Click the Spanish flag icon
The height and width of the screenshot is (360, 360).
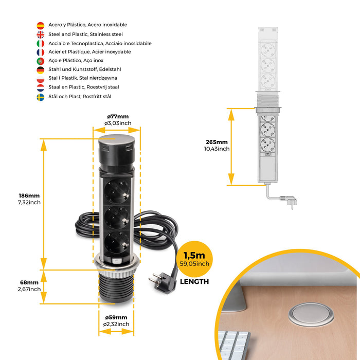pos(40,25)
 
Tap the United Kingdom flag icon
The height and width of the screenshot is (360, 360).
pos(40,34)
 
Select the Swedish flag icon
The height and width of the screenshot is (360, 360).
pos(40,97)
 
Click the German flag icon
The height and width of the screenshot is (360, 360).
pos(40,70)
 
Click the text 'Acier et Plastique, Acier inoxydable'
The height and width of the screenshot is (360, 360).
pos(89,52)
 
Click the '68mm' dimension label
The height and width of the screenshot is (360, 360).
pos(30,282)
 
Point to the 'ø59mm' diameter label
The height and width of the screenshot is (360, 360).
pos(116,317)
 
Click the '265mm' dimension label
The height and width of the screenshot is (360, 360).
pos(216,142)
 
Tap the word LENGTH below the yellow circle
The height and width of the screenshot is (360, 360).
pos(194,281)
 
